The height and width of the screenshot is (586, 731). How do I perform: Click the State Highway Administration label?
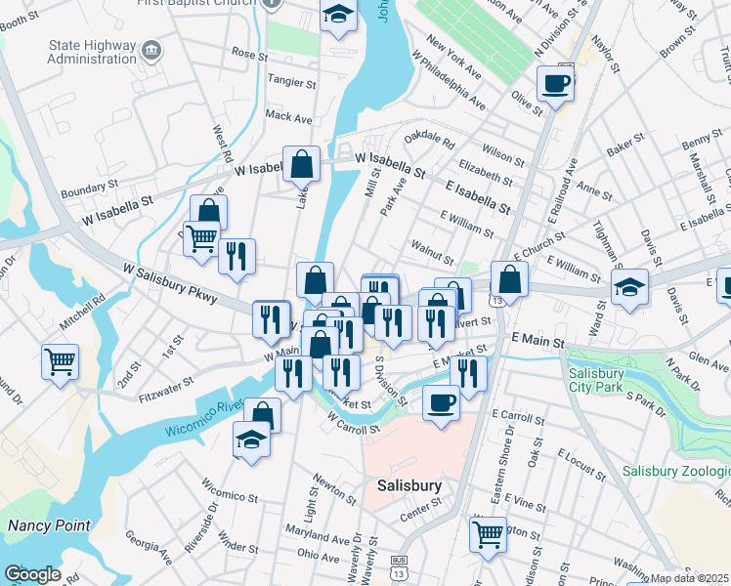tap(81, 51)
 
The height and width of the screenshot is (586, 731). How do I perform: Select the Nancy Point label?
tap(49, 525)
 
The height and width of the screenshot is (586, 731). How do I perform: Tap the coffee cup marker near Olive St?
tap(555, 83)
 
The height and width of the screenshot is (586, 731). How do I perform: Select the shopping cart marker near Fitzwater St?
tap(60, 361)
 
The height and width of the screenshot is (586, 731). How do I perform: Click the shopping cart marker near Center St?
tap(488, 533)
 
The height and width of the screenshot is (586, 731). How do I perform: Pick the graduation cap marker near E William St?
tap(630, 287)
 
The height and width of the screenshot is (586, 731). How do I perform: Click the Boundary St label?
tap(89, 183)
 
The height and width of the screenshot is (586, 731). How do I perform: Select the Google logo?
tap(32, 574)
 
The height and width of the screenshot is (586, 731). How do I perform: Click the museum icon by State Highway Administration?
tap(150, 50)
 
